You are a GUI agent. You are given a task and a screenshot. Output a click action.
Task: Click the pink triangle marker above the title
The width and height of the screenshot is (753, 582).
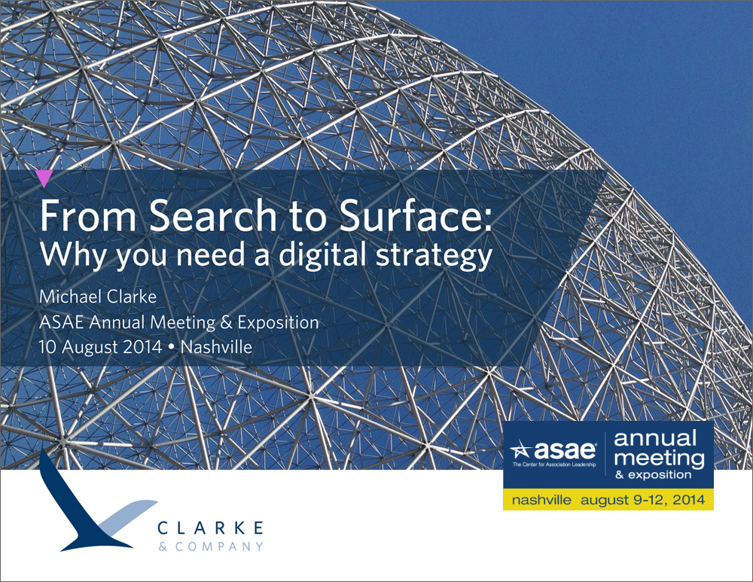point(44,177)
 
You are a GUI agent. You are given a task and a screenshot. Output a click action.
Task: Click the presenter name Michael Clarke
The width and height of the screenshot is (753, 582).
point(98,297)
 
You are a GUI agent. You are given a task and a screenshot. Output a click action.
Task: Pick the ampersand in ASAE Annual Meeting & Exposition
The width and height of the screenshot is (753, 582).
point(226,322)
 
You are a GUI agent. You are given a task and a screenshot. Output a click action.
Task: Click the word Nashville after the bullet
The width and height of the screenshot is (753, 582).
point(216,346)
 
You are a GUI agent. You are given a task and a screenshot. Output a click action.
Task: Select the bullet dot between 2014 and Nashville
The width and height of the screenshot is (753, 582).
point(172,348)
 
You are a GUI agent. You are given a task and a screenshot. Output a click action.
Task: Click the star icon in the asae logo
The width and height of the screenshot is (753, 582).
point(521,451)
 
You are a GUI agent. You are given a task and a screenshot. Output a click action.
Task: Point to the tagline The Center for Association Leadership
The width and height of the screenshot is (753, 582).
point(553,465)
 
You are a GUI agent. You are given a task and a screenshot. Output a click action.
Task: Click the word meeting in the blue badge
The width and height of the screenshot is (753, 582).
point(660,458)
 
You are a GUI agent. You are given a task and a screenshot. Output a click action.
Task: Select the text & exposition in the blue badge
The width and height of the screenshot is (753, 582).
point(653,475)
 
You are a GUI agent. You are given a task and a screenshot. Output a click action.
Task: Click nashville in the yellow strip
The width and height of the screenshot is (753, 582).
point(541,500)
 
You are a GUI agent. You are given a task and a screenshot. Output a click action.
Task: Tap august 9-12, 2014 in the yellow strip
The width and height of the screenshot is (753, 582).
point(642,501)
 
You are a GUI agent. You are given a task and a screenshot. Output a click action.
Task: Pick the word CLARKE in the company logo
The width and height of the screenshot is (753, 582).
point(210,529)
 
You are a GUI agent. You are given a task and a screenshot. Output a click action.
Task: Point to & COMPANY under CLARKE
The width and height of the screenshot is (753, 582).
point(211,547)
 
